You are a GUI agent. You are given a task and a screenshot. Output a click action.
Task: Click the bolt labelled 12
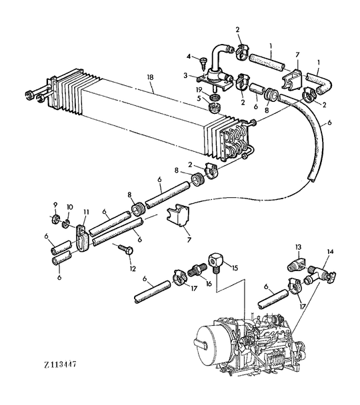125,250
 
